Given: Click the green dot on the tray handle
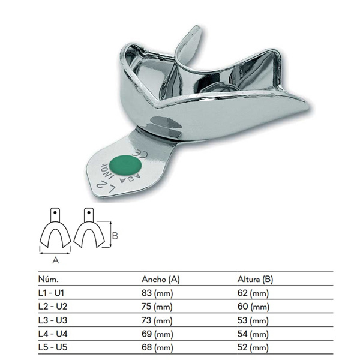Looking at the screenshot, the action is point(125,166).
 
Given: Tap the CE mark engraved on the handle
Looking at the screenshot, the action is point(139,154).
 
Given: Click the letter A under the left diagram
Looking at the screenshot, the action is point(56,260).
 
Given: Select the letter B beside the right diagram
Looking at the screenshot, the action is point(115,236).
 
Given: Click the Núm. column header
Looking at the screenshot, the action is point(49,279).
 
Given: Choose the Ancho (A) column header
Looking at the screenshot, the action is point(160,280).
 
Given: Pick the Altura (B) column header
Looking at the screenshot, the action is point(255,280).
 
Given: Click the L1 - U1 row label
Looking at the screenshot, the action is point(51,293).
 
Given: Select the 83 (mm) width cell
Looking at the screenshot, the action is point(157,293).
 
